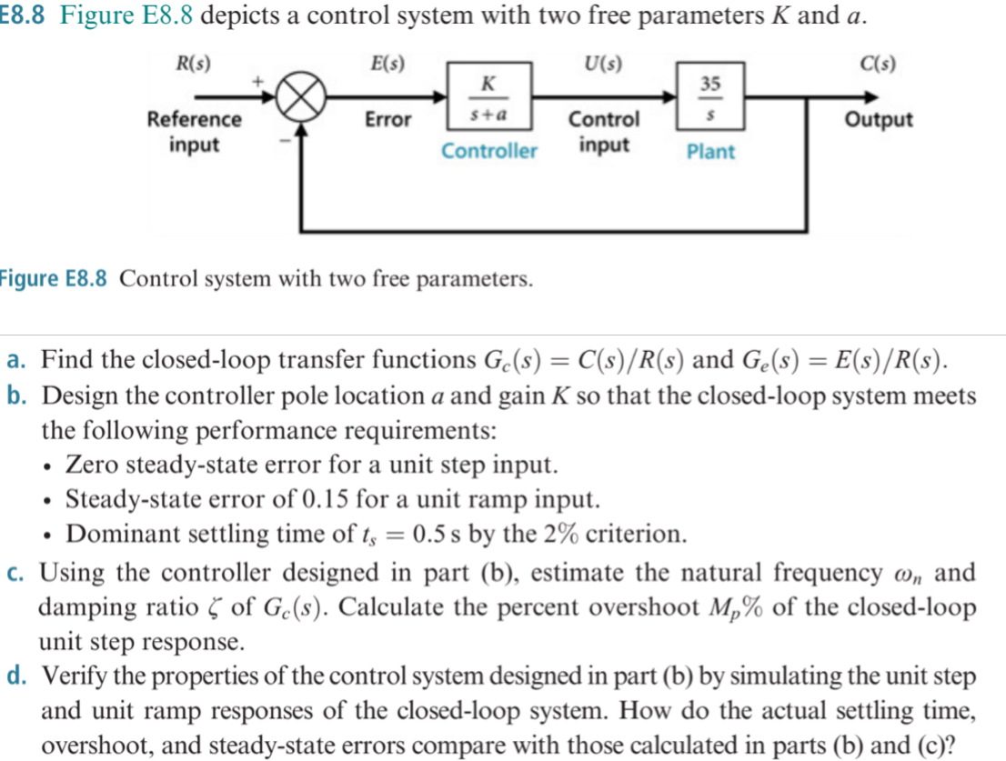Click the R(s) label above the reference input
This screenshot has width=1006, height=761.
pos(193,65)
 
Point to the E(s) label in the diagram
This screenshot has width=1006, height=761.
pos(388,65)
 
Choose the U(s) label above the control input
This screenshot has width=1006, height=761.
pos(605,65)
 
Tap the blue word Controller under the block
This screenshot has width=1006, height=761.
pos(489,151)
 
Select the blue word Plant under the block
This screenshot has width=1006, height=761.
pos(710,152)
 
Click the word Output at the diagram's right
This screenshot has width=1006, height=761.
pos(879,120)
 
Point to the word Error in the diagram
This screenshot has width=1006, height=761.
pos(388,120)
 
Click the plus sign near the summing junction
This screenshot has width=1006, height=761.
pos(257,83)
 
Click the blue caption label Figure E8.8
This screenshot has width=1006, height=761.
pos(55,278)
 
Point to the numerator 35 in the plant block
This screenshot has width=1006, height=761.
pos(710,85)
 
